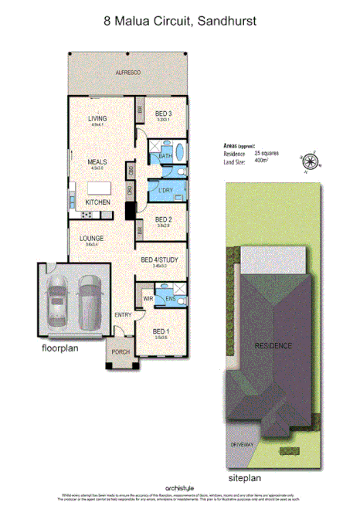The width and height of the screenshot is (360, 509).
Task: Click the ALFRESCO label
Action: pos(127,71)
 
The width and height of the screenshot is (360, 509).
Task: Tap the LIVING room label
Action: pos(98,117)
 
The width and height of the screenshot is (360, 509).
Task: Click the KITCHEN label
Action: pos(98,202)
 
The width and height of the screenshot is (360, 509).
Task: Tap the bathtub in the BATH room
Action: pos(179,151)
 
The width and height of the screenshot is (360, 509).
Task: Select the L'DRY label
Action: pos(165,190)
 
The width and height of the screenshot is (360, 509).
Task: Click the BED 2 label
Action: pos(163,219)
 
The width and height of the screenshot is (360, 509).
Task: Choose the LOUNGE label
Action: pos(92,238)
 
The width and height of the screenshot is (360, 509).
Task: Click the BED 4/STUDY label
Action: pos(160,260)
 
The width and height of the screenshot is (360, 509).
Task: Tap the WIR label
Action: pos(148,297)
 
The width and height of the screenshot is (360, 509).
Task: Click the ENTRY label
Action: pos(123,315)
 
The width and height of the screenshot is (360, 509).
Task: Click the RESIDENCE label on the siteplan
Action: pos(274,345)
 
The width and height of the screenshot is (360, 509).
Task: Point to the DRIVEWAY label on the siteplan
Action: pos(243,446)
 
